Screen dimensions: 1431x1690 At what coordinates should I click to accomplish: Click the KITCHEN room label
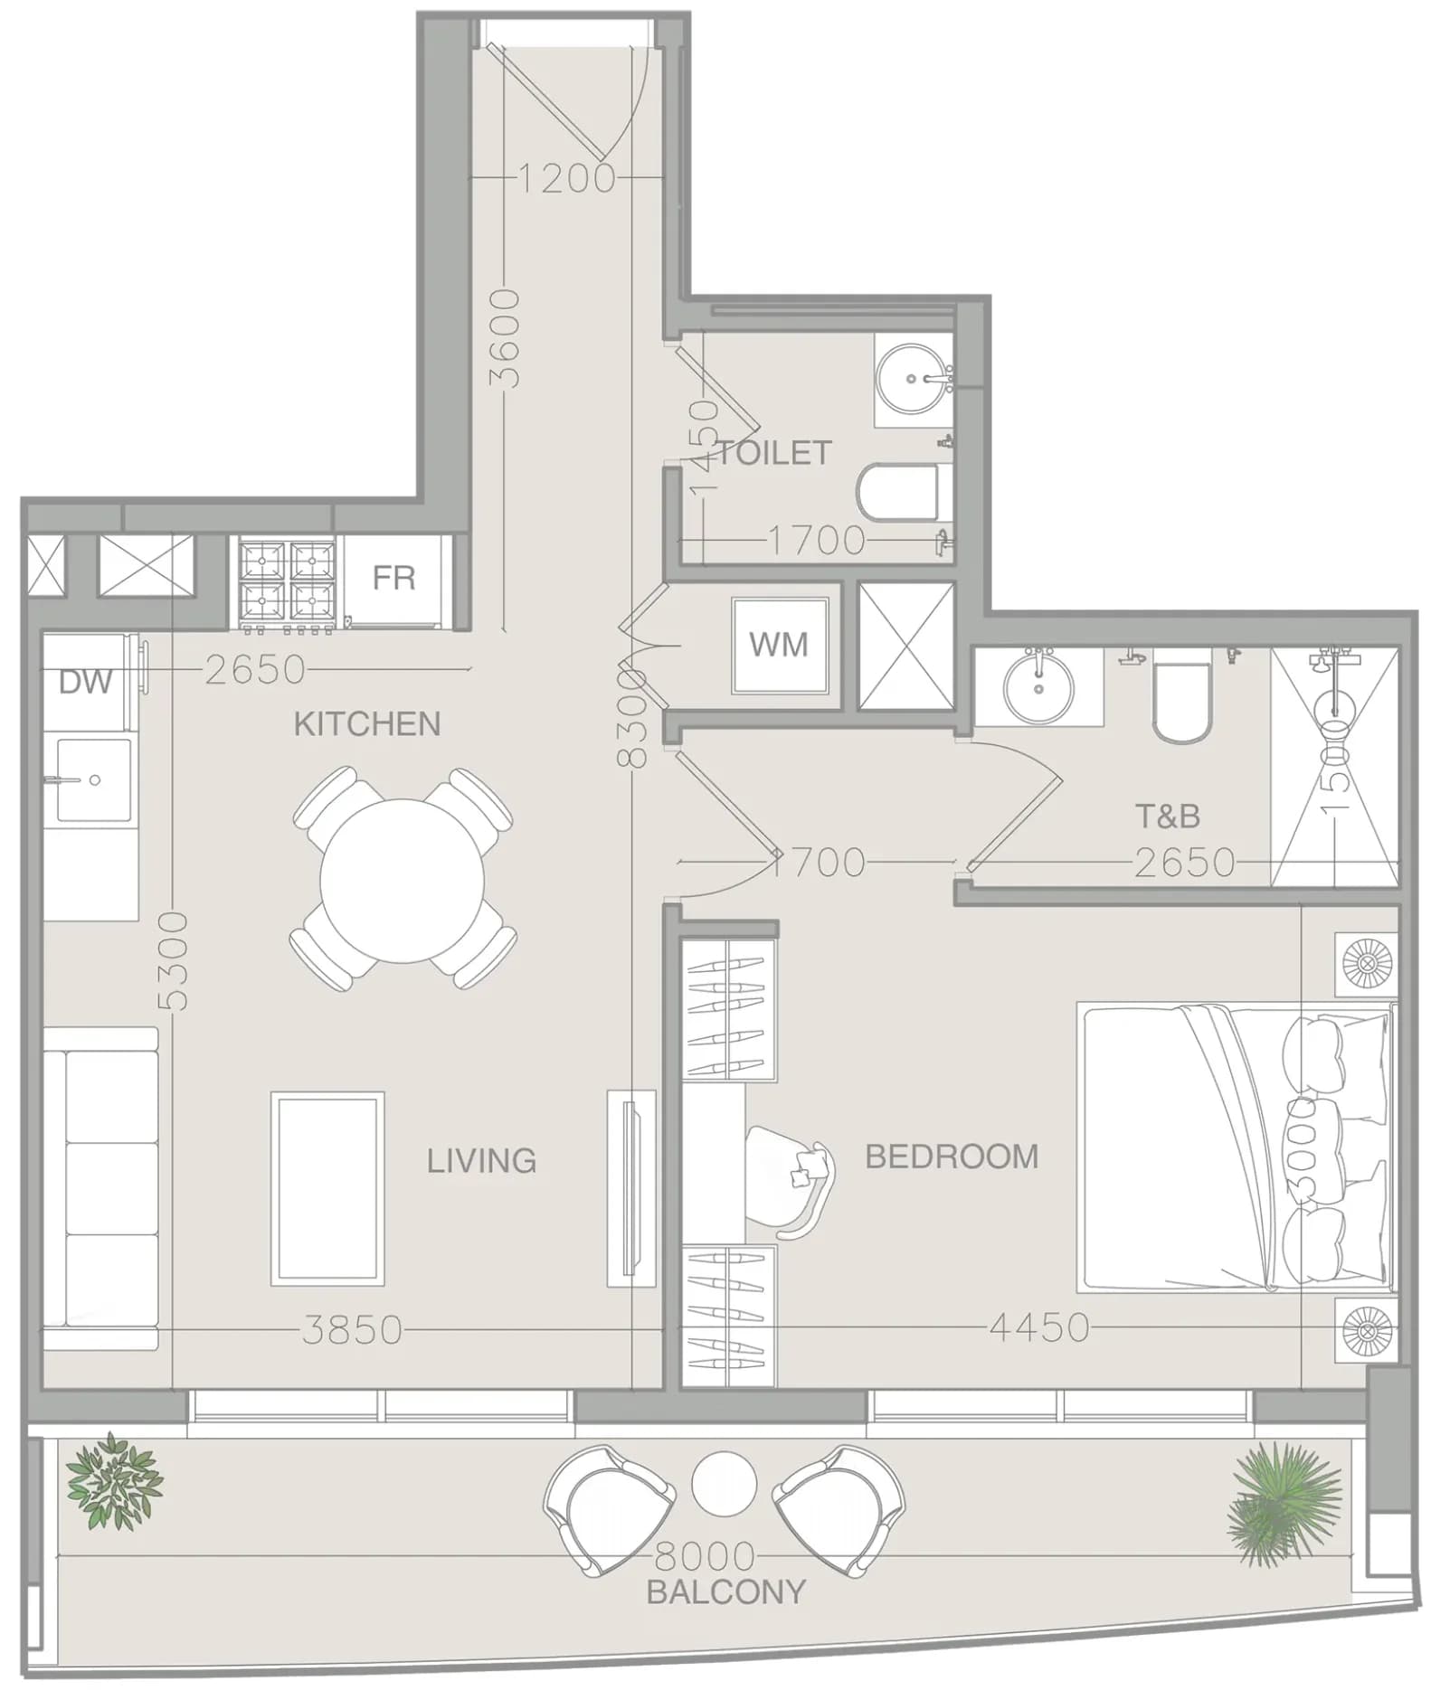366,723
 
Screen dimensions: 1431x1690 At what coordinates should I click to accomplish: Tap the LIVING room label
481,1160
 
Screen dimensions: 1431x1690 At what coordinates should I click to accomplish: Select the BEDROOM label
952,1157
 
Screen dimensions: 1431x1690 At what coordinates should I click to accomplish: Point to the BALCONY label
726,1591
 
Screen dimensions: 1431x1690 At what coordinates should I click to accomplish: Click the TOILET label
773,452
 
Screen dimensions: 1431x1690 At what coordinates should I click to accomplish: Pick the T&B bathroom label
1168,817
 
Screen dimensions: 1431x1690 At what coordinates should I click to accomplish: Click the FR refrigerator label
393,578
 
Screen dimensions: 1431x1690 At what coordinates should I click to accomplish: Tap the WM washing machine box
779,645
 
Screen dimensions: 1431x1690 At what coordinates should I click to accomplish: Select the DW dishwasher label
85,682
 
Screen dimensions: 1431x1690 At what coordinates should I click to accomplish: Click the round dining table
403,881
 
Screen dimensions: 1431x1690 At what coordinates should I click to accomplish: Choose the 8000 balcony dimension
705,1556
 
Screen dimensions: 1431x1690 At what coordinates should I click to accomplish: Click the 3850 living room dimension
352,1330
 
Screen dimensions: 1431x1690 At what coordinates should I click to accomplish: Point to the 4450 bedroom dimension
1039,1327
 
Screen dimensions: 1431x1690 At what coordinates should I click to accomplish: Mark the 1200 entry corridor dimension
567,178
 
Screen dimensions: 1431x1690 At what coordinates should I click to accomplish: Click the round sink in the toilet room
915,380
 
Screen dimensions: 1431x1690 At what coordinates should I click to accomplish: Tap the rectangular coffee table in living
327,1188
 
